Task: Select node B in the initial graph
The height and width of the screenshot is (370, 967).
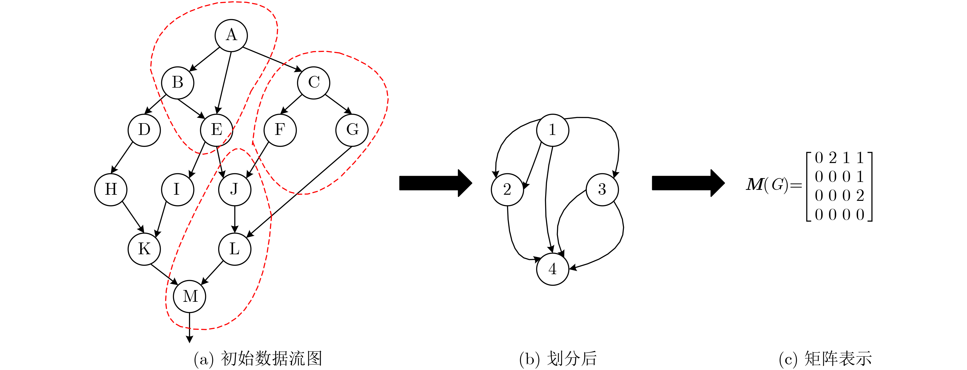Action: [x=178, y=83]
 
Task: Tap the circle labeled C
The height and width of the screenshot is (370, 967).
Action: [x=313, y=83]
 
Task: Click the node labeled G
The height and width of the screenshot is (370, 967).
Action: [x=352, y=130]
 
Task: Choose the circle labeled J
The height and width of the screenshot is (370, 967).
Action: [x=235, y=190]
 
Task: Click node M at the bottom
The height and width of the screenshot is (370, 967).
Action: [x=190, y=296]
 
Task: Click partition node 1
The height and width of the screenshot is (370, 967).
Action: [x=553, y=130]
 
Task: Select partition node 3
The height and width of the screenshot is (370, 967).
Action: [x=602, y=190]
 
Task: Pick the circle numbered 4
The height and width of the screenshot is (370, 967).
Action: [x=553, y=269]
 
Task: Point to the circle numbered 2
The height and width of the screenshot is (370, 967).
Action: [x=507, y=190]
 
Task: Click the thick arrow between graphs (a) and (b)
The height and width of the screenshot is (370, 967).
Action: [x=435, y=183]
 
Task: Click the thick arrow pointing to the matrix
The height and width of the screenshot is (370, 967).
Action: [x=688, y=183]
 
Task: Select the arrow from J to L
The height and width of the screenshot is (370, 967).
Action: [x=235, y=219]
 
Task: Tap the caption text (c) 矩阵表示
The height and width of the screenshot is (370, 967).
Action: [x=825, y=359]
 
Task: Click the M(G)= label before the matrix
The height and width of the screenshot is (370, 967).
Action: [x=773, y=185]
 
